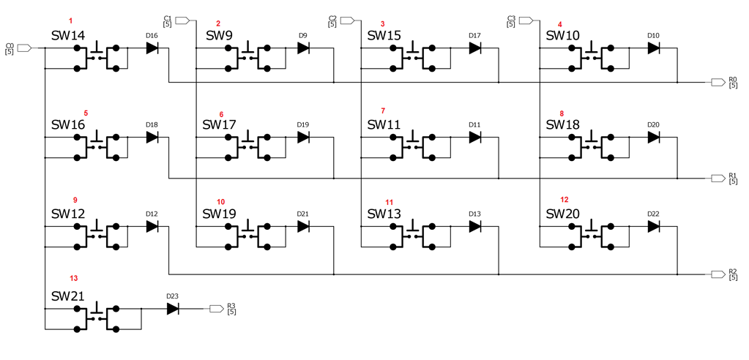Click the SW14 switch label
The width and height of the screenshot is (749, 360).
[x=67, y=35]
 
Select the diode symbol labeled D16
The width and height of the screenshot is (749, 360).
[x=152, y=48]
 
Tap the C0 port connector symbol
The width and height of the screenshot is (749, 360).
[x=24, y=48]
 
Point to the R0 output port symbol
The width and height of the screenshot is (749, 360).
[x=718, y=82]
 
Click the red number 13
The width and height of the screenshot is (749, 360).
[x=73, y=278]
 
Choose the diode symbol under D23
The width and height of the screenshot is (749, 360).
[x=173, y=309]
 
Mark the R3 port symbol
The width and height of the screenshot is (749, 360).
[x=217, y=309]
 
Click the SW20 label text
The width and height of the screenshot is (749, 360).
[x=563, y=214]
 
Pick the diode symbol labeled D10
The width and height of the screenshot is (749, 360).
[x=654, y=48]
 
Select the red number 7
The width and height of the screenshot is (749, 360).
[x=382, y=110]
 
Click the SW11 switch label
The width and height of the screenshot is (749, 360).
[x=384, y=124]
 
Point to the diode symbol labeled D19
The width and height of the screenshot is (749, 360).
[x=303, y=138]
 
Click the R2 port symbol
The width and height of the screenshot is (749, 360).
[x=718, y=274]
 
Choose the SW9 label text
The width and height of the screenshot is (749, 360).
[x=219, y=35]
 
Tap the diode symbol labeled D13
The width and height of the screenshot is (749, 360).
[x=475, y=227]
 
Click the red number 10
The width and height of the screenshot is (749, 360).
[x=221, y=202]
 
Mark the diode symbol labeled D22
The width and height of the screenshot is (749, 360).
[x=654, y=227]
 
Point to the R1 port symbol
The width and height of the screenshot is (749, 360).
[x=718, y=178]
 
